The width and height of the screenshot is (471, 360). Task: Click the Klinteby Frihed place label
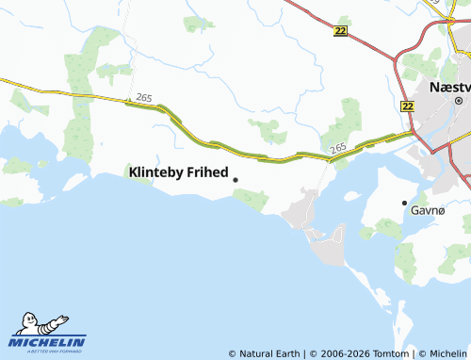click(x=177, y=172)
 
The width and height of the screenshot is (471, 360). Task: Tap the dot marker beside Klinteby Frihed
click(x=235, y=180)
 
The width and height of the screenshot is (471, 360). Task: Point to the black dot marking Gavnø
click(x=405, y=203)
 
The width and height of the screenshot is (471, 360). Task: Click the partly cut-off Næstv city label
click(x=448, y=86)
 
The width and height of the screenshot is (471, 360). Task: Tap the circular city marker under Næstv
click(x=459, y=100)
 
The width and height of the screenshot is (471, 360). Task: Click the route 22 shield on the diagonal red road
click(x=340, y=31)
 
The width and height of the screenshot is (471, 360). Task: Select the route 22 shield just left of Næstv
click(x=407, y=107)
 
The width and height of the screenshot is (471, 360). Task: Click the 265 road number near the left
click(x=143, y=97)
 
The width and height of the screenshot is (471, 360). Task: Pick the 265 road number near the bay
click(x=338, y=148)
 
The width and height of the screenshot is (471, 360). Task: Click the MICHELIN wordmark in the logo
click(x=48, y=341)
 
